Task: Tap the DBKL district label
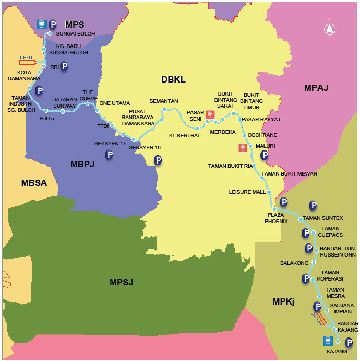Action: click(173, 79)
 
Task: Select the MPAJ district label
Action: click(316, 88)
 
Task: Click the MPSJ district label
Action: click(122, 282)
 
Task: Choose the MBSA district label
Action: click(34, 182)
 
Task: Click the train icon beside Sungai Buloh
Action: click(42, 25)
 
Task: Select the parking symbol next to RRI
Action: click(64, 66)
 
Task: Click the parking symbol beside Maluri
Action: click(265, 155)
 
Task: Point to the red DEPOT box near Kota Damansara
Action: click(28, 62)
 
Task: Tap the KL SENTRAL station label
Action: click(185, 136)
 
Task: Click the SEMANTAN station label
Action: click(164, 101)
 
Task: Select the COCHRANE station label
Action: click(262, 135)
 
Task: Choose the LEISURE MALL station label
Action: click(247, 192)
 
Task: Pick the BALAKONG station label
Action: click(294, 263)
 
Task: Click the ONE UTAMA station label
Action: click(115, 103)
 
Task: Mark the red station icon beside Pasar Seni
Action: click(210, 114)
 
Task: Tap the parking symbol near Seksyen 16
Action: click(158, 160)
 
